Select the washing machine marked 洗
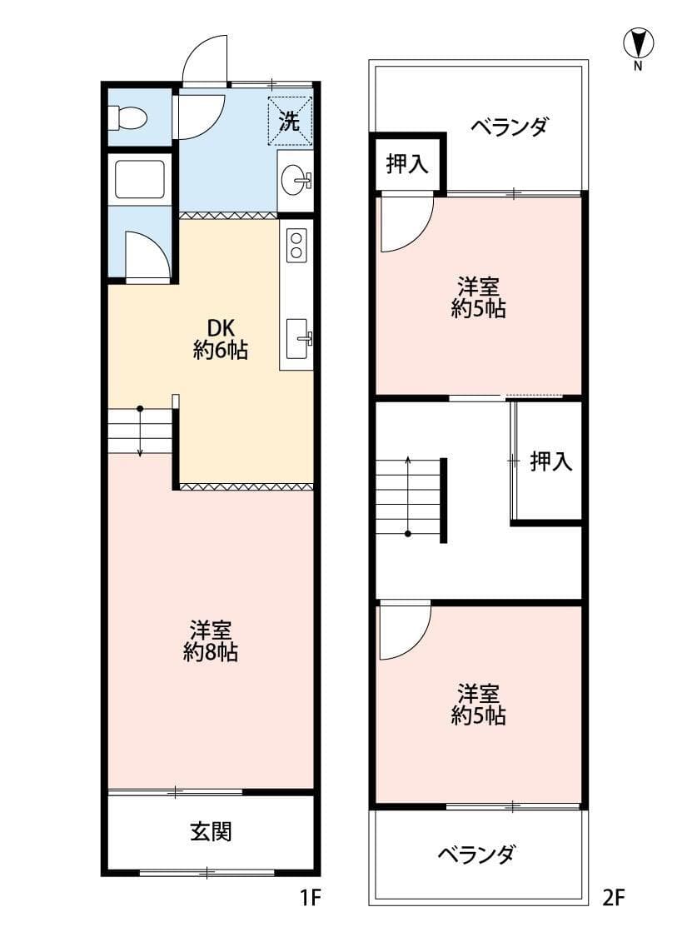[291, 121]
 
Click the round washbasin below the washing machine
[296, 180]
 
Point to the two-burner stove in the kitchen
[296, 245]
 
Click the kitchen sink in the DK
[296, 337]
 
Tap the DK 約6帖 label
[220, 338]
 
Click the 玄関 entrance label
[211, 830]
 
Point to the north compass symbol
[638, 44]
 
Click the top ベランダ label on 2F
[509, 127]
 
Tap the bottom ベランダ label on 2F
[476, 855]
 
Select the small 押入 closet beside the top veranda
[407, 164]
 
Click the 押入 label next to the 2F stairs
[551, 461]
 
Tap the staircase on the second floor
[408, 498]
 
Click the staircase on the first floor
[140, 431]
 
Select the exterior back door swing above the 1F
[206, 61]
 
